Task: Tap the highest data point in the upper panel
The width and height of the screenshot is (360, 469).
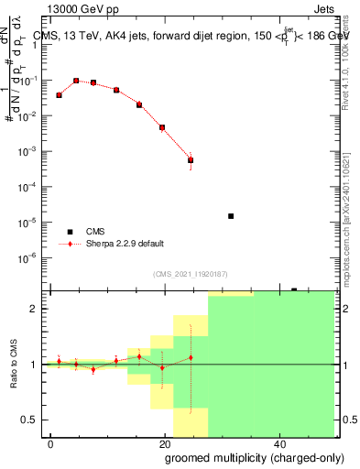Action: pos(76,81)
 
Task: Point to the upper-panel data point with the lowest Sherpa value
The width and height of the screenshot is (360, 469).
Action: pos(191,159)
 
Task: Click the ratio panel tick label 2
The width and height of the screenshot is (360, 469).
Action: pos(38,309)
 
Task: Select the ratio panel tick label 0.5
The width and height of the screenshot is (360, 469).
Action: pos(35,420)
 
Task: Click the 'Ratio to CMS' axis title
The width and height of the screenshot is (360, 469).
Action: pos(14,364)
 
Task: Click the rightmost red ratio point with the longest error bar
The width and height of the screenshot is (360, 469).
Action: pos(191,357)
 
